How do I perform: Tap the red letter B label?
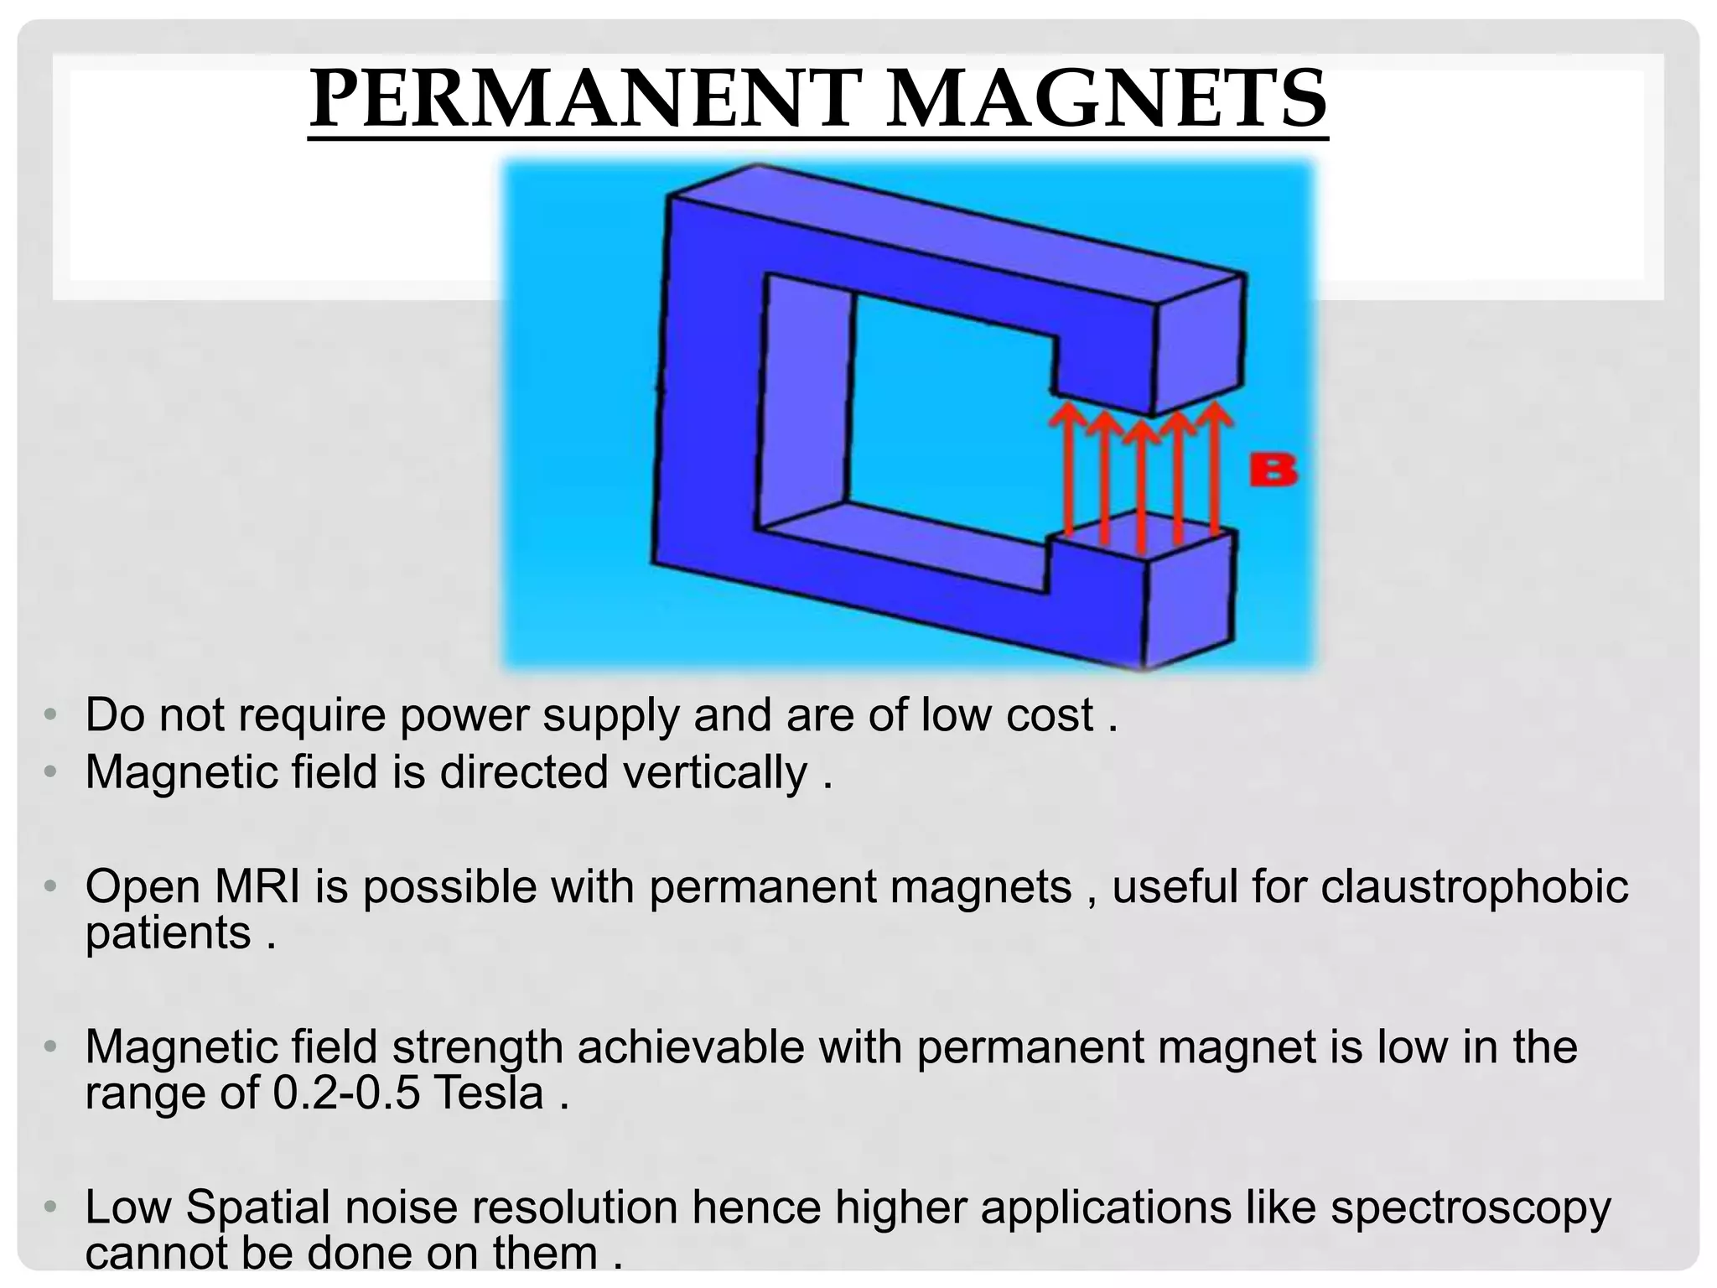[x=1273, y=470]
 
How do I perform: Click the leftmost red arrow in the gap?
[x=1067, y=470]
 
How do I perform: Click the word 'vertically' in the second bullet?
[x=715, y=771]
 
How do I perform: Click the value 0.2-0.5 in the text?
[x=346, y=1093]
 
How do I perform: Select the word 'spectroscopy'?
[x=1471, y=1207]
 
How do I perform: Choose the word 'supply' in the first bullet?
[x=610, y=715]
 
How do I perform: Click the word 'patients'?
[x=168, y=932]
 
